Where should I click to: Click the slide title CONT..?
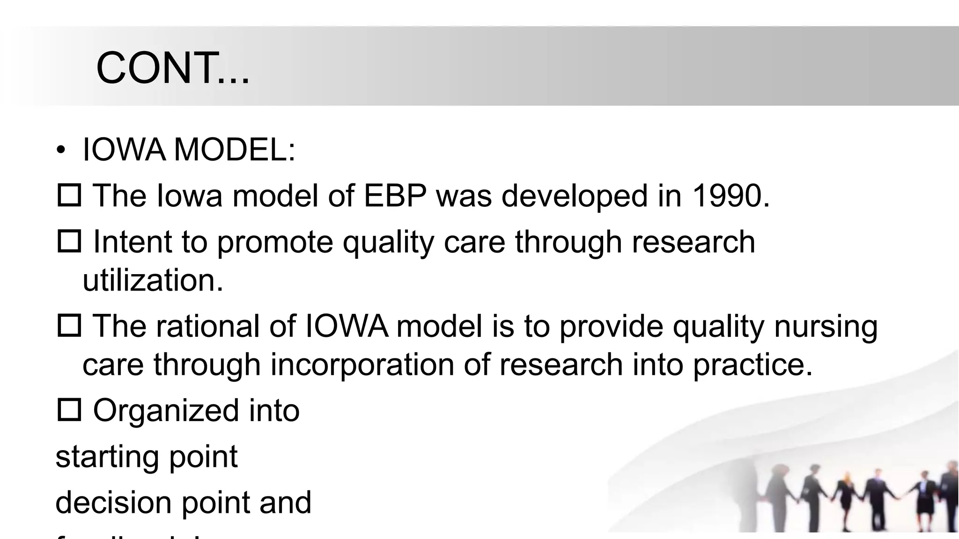click(172, 68)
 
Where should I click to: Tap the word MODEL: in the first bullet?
click(235, 150)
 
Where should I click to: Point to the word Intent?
click(133, 242)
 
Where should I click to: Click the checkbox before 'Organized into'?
click(69, 410)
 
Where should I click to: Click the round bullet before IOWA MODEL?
click(60, 151)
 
